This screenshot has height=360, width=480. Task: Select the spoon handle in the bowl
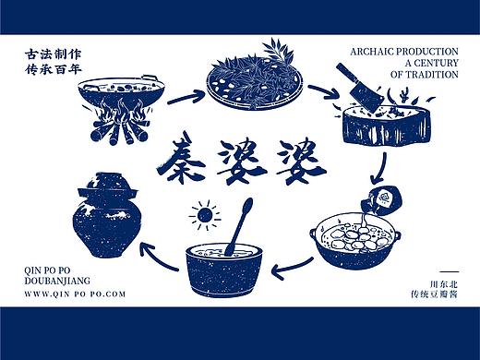pos(243,222)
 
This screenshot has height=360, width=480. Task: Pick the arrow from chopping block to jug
pos(378,166)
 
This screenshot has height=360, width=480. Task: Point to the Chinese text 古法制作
pos(54,54)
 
